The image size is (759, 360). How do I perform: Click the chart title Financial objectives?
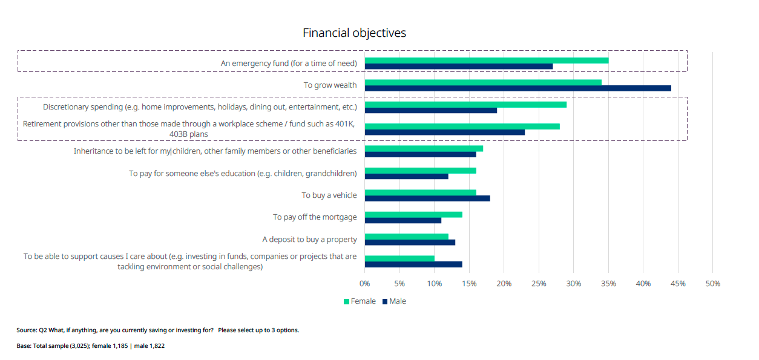pyautogui.click(x=354, y=33)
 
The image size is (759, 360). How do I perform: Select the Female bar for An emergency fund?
pyautogui.click(x=486, y=60)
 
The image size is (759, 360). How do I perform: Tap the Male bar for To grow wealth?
pyautogui.click(x=517, y=88)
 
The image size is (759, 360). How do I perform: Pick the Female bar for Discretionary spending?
pyautogui.click(x=465, y=104)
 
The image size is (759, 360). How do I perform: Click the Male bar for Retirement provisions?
pyautogui.click(x=444, y=132)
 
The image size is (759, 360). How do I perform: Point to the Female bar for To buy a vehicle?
pyautogui.click(x=420, y=192)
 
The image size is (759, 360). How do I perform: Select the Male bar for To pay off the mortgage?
pyautogui.click(x=402, y=220)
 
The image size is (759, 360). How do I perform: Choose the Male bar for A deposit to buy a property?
pyautogui.click(x=410, y=242)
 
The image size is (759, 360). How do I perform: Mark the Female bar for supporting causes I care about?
pyautogui.click(x=399, y=258)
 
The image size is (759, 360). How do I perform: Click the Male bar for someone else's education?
pyautogui.click(x=406, y=176)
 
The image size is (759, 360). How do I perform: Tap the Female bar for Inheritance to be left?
pyautogui.click(x=424, y=148)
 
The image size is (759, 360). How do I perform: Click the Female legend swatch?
pyautogui.click(x=347, y=301)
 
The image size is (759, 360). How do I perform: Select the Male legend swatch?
pyautogui.click(x=385, y=301)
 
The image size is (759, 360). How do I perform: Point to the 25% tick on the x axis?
pyautogui.click(x=539, y=283)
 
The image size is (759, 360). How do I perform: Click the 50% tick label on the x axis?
pyautogui.click(x=712, y=283)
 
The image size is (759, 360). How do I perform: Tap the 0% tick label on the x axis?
pyautogui.click(x=364, y=283)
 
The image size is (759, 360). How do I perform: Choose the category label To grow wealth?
pyautogui.click(x=330, y=85)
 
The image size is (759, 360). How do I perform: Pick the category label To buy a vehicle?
pyautogui.click(x=329, y=195)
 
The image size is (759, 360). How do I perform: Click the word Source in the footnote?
pyautogui.click(x=26, y=330)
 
